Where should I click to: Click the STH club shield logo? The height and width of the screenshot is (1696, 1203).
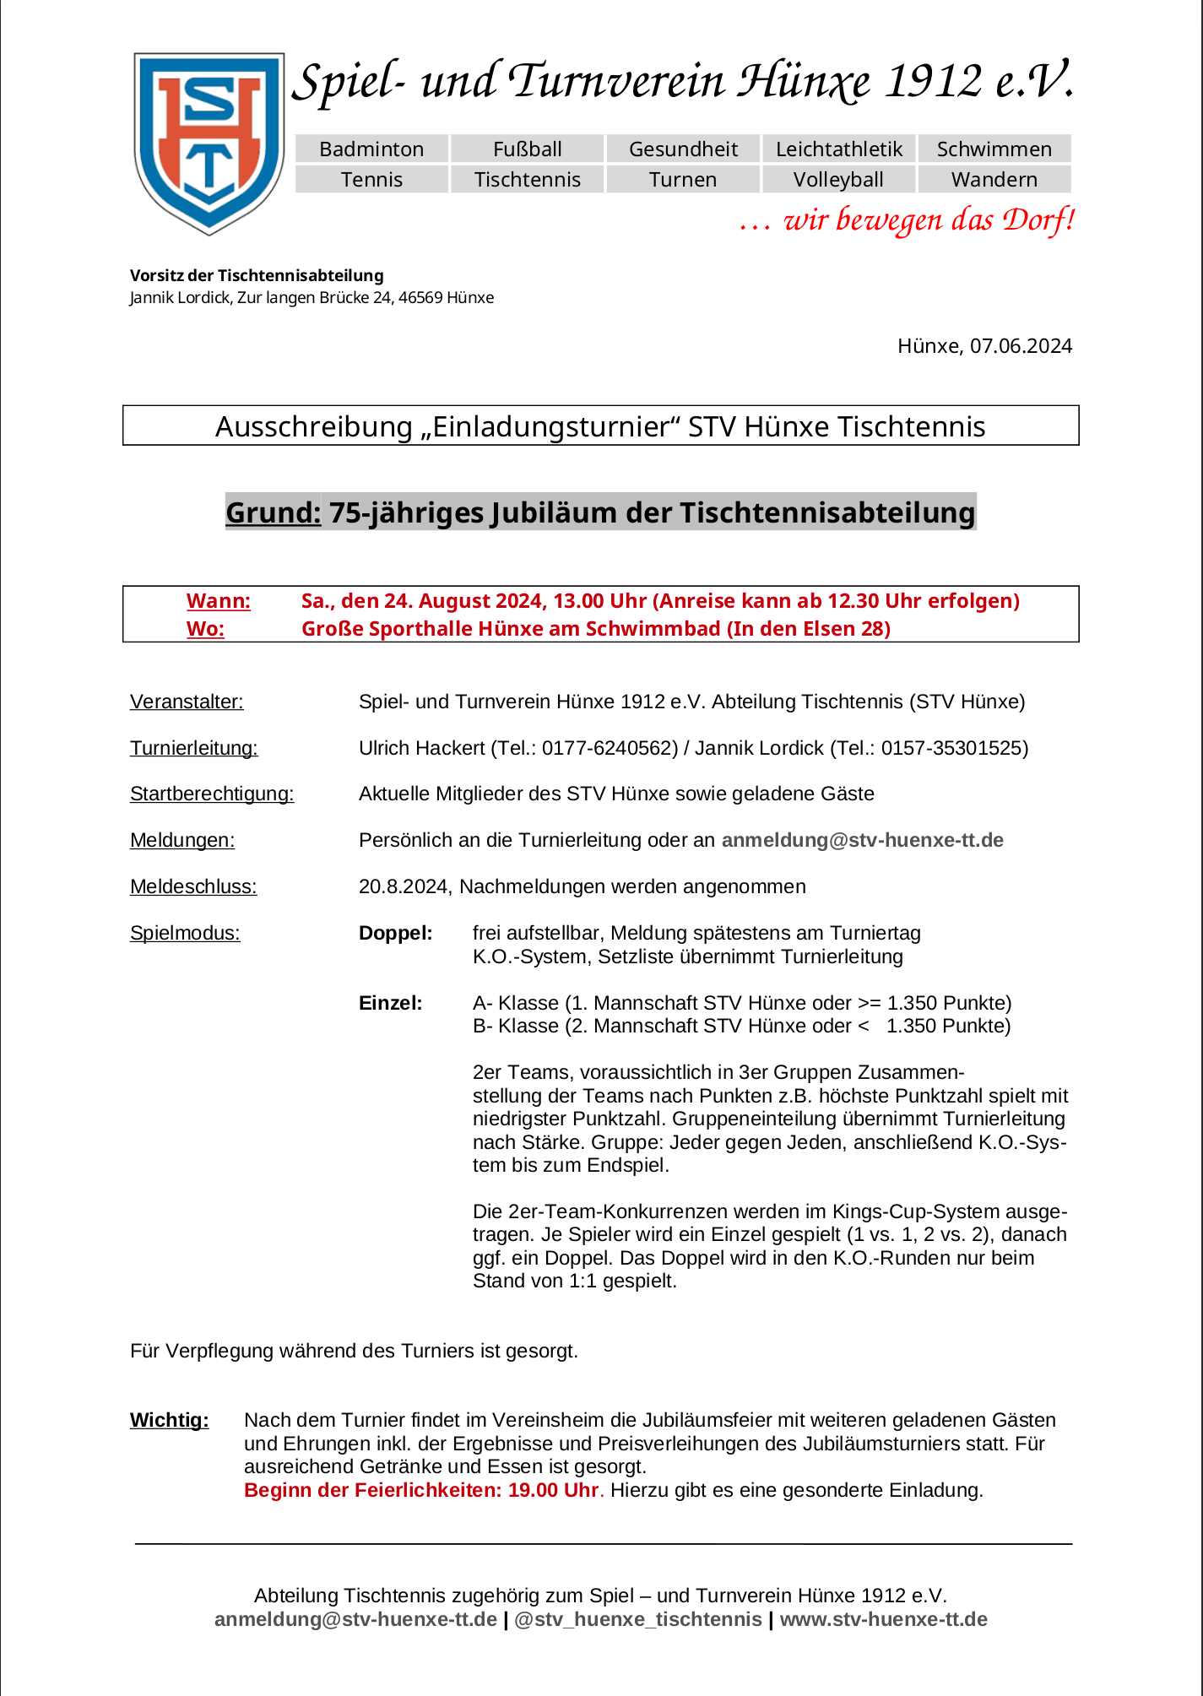click(209, 142)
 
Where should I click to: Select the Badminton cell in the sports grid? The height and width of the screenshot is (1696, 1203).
click(371, 149)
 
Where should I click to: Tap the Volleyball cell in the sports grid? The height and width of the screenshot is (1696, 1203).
click(838, 180)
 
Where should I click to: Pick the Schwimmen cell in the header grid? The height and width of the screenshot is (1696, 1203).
click(994, 149)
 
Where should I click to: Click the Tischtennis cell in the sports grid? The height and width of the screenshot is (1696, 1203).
click(528, 180)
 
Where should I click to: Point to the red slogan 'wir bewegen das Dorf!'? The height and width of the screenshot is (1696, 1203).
click(908, 220)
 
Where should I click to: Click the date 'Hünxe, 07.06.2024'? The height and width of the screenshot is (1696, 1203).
click(984, 346)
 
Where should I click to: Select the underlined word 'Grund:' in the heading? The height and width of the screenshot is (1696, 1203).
click(274, 512)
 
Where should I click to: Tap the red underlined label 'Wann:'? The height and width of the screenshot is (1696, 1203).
click(219, 601)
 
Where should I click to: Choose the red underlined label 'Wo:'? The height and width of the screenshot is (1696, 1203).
click(206, 629)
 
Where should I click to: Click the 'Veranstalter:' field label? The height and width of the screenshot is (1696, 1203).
click(187, 702)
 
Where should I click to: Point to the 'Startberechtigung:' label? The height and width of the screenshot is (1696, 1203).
click(212, 794)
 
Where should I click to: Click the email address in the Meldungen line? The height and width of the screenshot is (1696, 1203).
click(862, 840)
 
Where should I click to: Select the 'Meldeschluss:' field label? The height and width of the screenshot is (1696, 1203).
click(193, 886)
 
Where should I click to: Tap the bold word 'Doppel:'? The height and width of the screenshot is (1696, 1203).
click(395, 933)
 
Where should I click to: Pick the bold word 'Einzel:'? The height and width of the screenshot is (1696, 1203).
click(390, 1003)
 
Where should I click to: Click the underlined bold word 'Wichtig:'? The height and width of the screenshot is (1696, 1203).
click(169, 1420)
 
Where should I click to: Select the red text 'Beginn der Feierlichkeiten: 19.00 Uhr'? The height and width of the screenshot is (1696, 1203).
click(421, 1490)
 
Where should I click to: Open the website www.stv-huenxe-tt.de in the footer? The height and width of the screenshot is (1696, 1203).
click(883, 1619)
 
